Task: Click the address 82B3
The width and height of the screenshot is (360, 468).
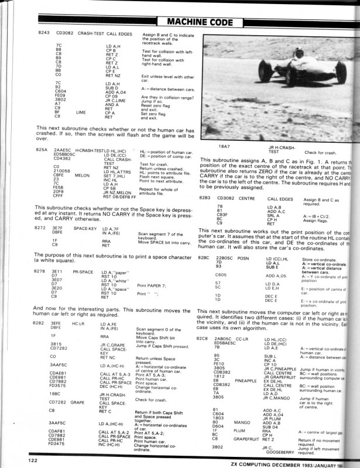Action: click(208, 198)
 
